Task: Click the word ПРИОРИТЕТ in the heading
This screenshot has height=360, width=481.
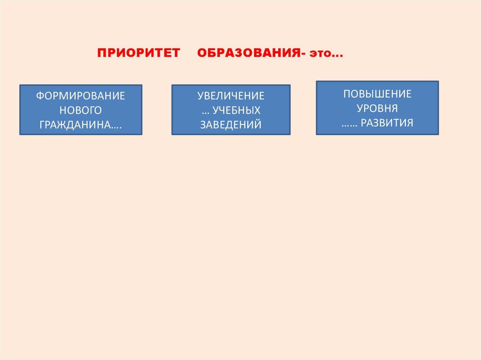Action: coord(139,53)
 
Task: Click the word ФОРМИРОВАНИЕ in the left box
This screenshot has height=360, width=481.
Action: coord(81,96)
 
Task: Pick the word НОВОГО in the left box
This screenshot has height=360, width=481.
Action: coord(81,110)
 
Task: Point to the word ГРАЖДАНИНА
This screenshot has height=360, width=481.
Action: coord(76,124)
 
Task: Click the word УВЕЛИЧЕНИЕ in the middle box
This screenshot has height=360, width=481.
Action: coord(231,96)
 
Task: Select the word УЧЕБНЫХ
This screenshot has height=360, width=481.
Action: coord(237,110)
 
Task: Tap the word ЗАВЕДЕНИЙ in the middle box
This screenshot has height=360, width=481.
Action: coord(231,124)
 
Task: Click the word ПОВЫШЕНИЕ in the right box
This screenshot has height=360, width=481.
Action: coord(377,94)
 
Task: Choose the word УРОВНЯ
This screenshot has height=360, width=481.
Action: coord(377,108)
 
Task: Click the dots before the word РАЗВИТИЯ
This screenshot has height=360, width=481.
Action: coord(350,125)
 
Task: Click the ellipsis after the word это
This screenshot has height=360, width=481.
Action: coord(337,55)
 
